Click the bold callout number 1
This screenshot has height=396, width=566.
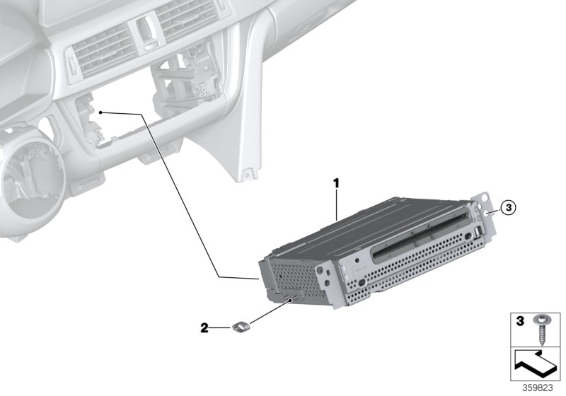pyautogui.click(x=337, y=164)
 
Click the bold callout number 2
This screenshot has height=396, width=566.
pyautogui.click(x=204, y=328)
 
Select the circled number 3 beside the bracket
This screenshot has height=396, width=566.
pyautogui.click(x=508, y=207)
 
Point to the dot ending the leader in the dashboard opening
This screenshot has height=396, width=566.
pyautogui.click(x=101, y=112)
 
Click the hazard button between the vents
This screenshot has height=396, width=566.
pyautogui.click(x=146, y=28)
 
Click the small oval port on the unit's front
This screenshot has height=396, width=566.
pyautogui.click(x=362, y=281)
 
